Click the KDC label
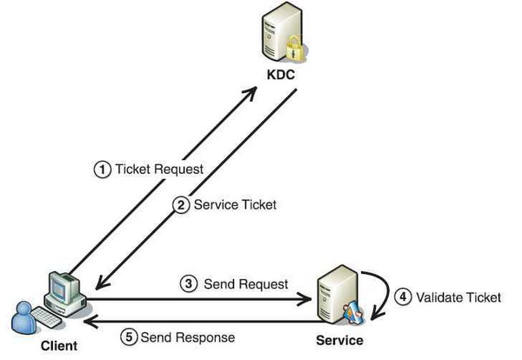click(x=281, y=75)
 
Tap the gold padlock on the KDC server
click(x=295, y=49)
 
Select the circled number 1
click(x=103, y=170)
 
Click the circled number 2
click(x=181, y=205)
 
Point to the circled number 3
click(x=189, y=284)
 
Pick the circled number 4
click(x=403, y=297)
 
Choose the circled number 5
click(x=129, y=337)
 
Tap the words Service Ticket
click(x=235, y=204)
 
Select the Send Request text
click(x=246, y=284)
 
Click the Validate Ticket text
click(x=458, y=297)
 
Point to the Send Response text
click(x=188, y=337)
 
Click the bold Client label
click(x=59, y=346)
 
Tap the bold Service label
click(x=339, y=340)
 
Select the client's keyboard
click(x=46, y=317)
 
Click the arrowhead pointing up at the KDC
click(x=250, y=93)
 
